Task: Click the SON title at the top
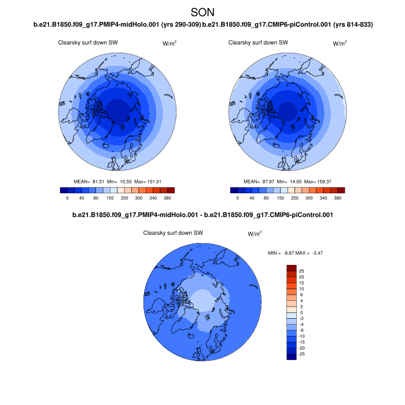point(203,12)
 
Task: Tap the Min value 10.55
point(128,181)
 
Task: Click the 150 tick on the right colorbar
point(280,198)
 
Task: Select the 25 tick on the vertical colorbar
point(301,271)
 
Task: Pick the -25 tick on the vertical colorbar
point(301,354)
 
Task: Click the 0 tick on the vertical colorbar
point(301,312)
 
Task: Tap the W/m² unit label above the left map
point(170,43)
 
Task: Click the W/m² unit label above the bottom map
point(255,234)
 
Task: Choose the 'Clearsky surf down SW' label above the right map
point(258,43)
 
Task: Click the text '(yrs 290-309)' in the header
point(182,24)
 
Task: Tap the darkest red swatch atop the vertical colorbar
point(291,268)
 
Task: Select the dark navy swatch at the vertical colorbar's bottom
point(291,356)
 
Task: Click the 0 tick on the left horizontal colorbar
point(67,198)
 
